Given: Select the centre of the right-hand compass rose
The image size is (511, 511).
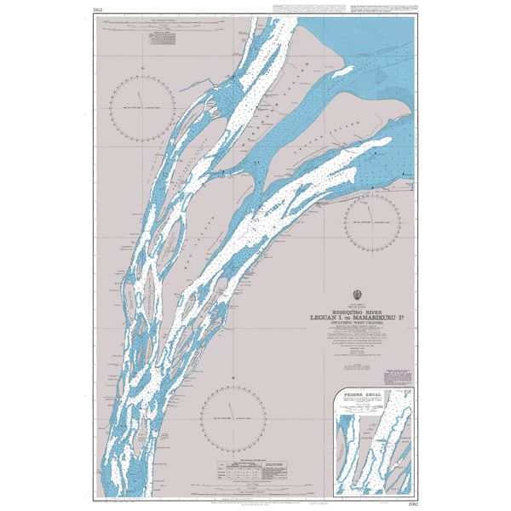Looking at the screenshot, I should coord(371,221).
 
